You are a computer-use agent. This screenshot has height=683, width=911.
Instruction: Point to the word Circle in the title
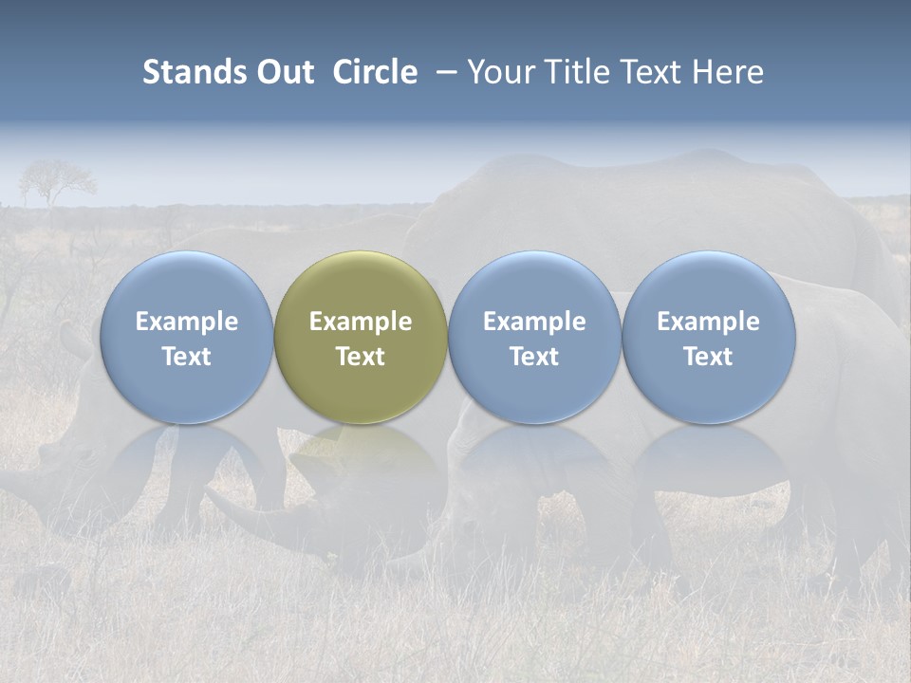pos(375,72)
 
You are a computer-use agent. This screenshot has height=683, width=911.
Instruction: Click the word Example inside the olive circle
pos(361,322)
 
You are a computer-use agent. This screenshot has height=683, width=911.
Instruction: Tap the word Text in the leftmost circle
pos(187,357)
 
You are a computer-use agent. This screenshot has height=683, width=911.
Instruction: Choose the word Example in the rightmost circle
pos(709,322)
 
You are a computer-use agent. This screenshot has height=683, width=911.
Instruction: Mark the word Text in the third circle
pos(534,357)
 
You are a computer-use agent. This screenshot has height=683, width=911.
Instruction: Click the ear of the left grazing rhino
pos(72,338)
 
